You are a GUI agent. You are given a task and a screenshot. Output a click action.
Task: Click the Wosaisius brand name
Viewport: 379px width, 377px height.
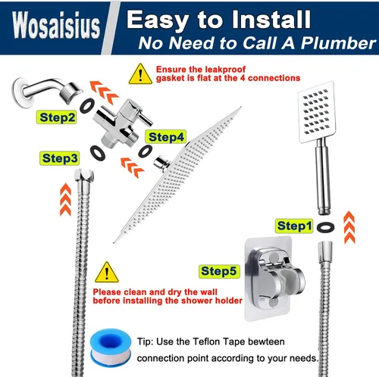56,25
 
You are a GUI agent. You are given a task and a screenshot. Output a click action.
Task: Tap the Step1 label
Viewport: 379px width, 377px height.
294,226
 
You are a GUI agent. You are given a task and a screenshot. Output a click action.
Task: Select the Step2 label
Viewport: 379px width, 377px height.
57,117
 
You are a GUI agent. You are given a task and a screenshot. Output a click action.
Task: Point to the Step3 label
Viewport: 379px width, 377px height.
60,158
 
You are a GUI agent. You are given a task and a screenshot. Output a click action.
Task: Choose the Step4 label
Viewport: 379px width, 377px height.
166,137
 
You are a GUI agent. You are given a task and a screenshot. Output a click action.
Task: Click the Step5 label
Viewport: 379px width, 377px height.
219,271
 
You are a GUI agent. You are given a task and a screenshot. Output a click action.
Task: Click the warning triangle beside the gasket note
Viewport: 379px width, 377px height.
140,73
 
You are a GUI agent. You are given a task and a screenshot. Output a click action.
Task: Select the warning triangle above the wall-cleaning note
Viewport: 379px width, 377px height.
107,272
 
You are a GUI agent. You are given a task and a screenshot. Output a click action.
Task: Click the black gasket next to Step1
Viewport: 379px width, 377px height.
325,227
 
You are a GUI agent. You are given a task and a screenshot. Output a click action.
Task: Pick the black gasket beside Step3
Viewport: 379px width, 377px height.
98,153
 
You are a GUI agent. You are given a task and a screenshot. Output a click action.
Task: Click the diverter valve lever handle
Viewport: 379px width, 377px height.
146,119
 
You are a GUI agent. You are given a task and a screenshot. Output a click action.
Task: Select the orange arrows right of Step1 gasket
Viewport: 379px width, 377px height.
349,227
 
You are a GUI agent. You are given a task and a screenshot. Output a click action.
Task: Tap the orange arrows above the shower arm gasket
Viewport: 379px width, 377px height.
104,92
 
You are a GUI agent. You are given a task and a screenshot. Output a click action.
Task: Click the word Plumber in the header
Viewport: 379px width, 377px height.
339,43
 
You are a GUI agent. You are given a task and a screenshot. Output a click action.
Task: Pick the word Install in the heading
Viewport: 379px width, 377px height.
271,20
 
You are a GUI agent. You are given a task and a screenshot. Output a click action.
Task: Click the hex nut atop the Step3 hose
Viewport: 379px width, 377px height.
84,175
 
